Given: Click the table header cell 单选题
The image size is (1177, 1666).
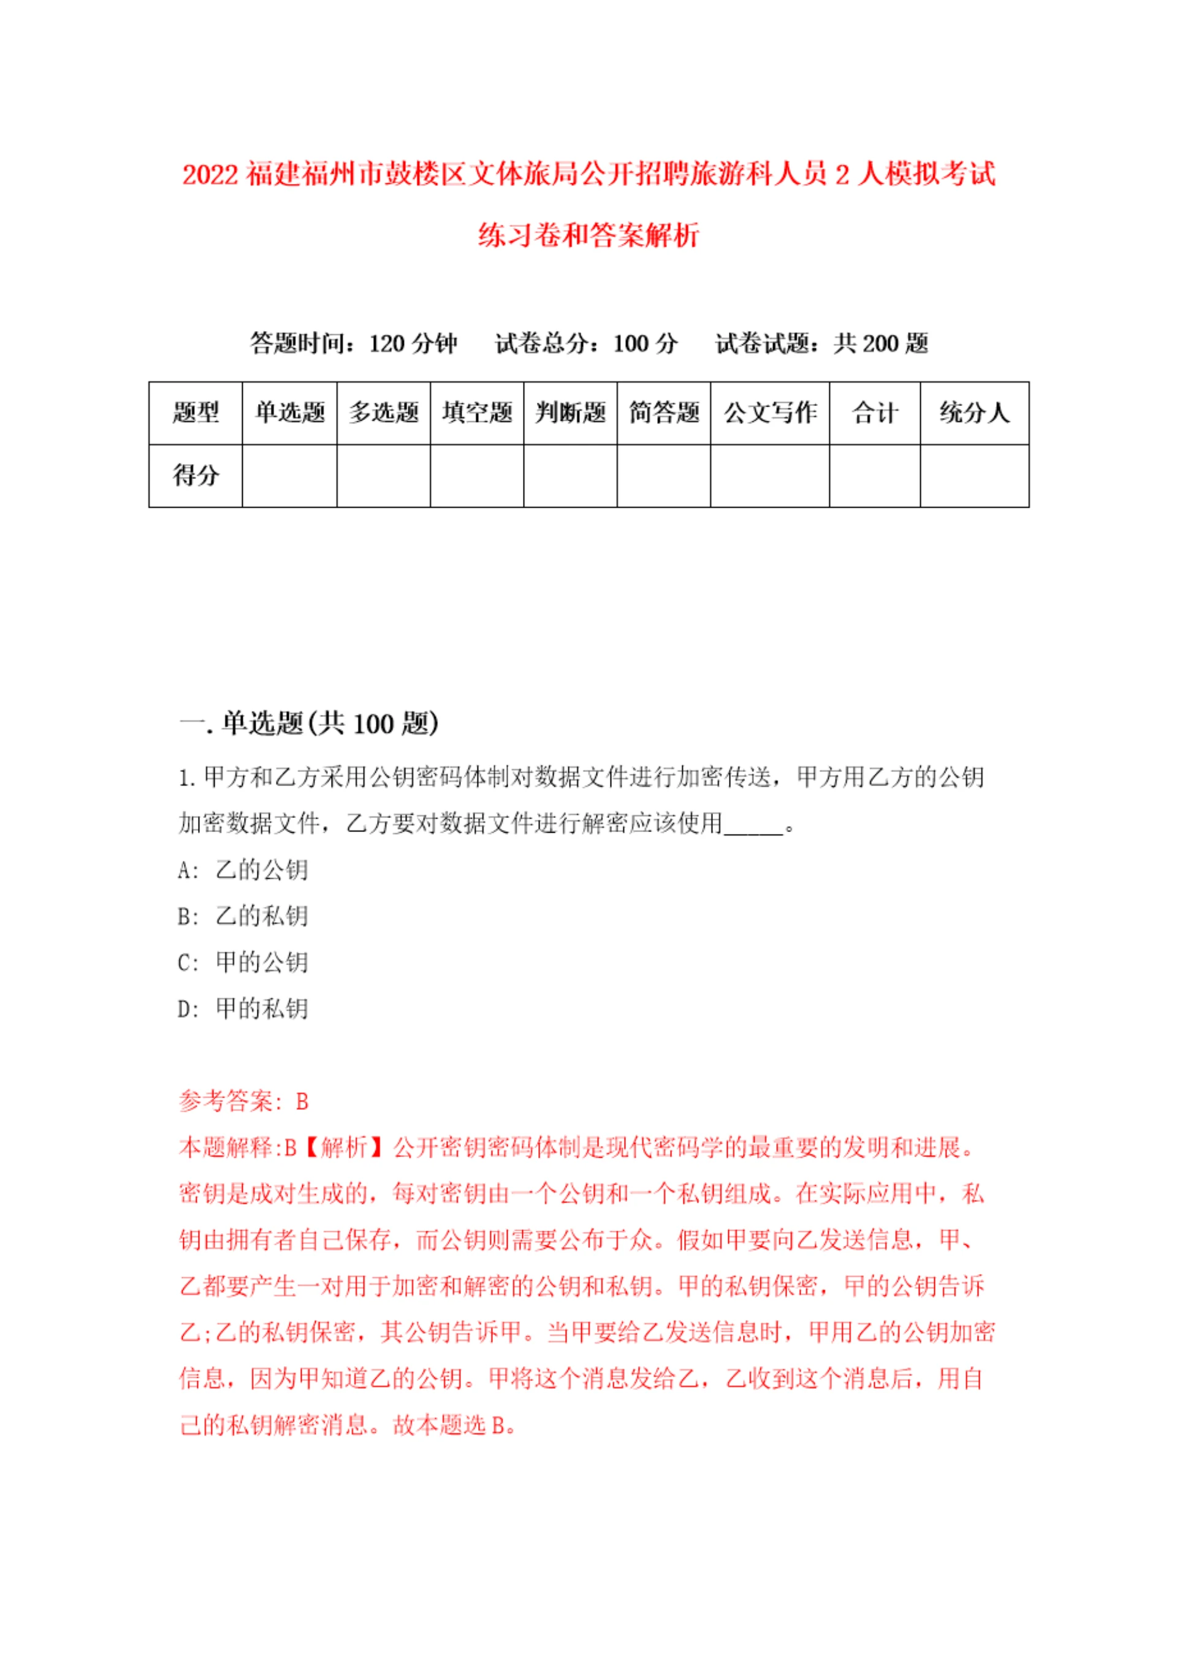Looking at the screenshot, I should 289,413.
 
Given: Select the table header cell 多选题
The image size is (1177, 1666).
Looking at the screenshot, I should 383,413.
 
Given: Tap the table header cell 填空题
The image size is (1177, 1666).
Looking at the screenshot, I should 477,413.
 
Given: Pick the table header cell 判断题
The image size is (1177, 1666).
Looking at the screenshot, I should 570,413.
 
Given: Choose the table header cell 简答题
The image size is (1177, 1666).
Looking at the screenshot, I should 663,413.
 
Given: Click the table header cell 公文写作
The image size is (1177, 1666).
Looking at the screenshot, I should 769,413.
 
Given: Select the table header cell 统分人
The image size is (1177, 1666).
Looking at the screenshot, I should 974,413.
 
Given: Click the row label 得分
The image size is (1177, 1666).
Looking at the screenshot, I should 195,476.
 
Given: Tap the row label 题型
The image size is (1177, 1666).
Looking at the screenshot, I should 195,413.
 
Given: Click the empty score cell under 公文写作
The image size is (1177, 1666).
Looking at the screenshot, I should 769,476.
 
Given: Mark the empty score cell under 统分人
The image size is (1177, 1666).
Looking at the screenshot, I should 974,476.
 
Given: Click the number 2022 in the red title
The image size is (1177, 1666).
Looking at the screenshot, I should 210,175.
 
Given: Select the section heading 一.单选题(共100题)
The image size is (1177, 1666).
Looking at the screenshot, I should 308,724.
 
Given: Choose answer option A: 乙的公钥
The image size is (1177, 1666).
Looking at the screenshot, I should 243,869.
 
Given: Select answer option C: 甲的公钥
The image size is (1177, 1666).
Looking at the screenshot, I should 243,962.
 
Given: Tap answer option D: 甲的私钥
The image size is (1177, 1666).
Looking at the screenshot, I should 243,1009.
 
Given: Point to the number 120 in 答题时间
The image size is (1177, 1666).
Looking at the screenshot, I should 387,343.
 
